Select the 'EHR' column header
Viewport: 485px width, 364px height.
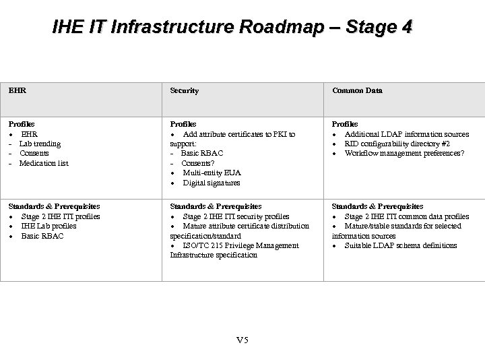pos(16,90)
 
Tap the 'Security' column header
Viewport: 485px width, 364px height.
pos(184,90)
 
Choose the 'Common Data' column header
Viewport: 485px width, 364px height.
pos(356,90)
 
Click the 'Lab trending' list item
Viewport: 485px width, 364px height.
pos(40,144)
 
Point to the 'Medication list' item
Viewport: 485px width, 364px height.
pos(44,163)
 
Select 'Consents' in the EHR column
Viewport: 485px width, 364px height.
pos(34,154)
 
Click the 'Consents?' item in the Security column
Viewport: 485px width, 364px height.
pos(200,163)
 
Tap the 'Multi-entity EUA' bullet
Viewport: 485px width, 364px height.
pos(212,173)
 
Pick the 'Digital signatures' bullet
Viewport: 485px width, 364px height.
pos(212,183)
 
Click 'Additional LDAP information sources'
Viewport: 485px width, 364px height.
pos(407,134)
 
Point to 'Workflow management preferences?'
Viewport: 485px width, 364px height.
pos(404,154)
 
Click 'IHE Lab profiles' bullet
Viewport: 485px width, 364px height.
pos(48,226)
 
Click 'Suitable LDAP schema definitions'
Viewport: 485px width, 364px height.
pos(401,245)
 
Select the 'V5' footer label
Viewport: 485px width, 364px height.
pos(243,339)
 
